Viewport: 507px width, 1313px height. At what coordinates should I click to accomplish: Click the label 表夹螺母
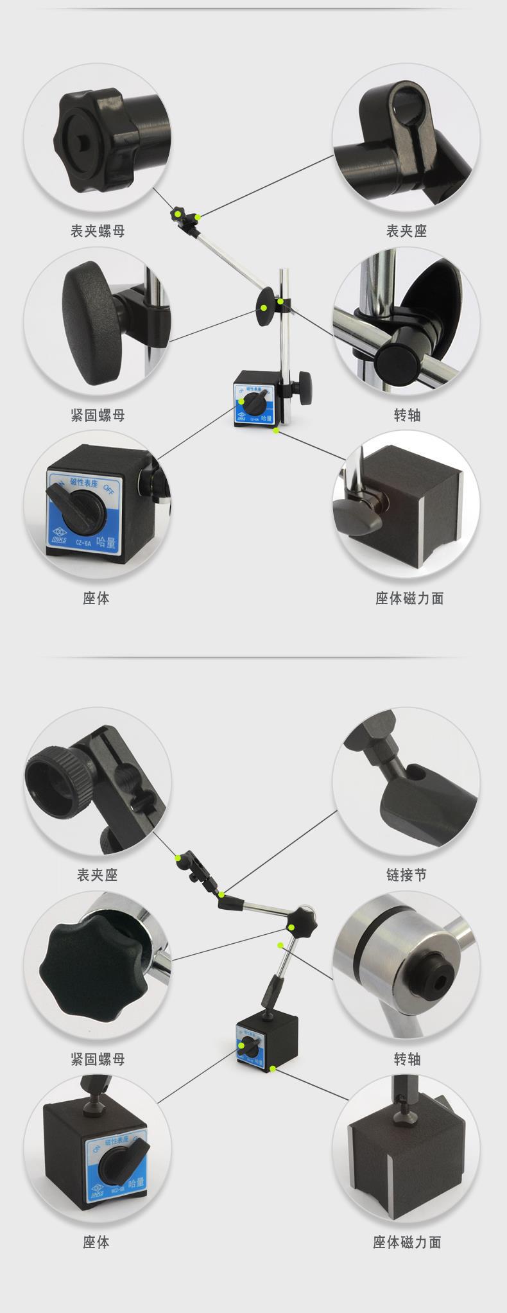coord(98,230)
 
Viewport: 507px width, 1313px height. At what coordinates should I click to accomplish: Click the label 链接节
coord(406,874)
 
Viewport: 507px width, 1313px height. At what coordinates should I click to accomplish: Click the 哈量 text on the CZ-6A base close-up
coord(106,541)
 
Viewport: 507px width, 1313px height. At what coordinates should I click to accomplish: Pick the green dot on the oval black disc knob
coord(263,307)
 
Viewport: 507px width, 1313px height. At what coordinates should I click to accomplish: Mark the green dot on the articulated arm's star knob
coord(292,926)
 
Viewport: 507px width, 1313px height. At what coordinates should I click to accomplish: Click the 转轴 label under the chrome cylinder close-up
coord(406,1059)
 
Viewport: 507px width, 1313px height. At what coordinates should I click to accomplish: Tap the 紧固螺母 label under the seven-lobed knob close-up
coord(98,1059)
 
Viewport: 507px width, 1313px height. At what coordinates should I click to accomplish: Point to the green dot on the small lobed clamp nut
coord(175,212)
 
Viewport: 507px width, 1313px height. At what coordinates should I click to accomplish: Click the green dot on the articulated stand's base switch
coord(242,1045)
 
